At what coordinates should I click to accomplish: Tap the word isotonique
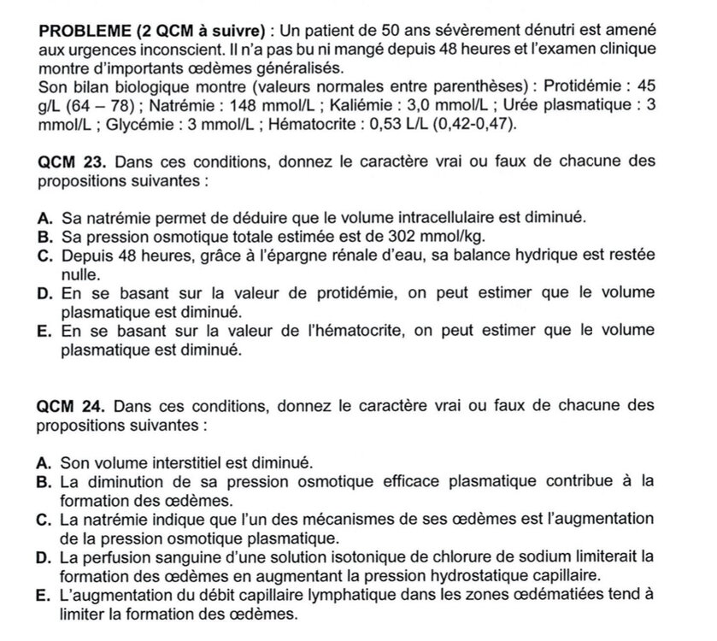(345, 557)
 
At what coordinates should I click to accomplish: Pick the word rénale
(332, 256)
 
